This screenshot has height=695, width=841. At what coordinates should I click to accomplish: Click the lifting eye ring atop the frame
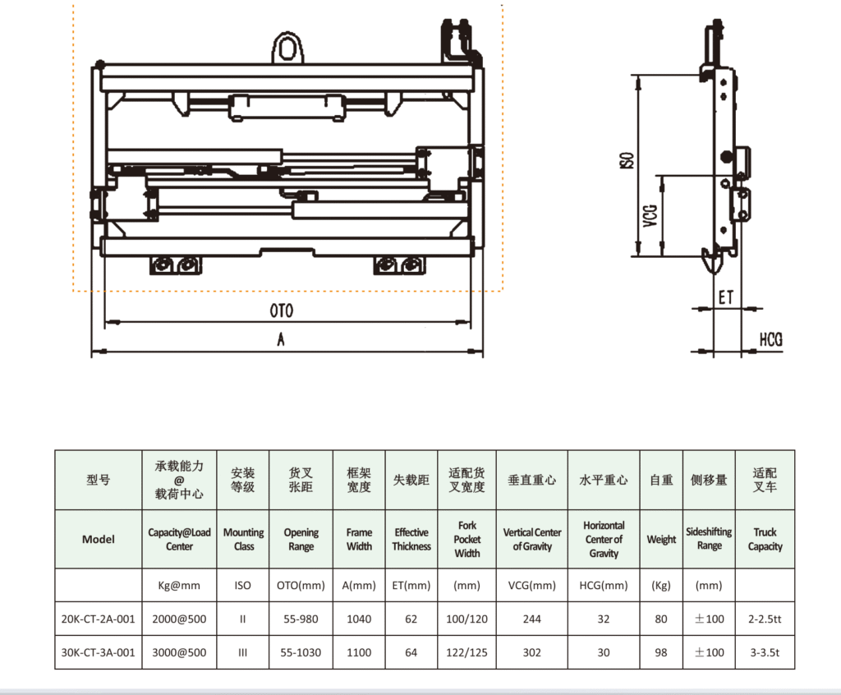tap(287, 47)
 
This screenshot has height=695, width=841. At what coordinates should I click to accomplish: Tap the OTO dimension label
tap(282, 311)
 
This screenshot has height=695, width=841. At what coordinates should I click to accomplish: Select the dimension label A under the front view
tap(281, 341)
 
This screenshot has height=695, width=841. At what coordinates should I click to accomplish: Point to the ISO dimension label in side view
tap(626, 160)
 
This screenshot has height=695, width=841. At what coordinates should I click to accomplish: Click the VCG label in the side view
tap(650, 214)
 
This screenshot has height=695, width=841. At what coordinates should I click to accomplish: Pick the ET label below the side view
tap(725, 297)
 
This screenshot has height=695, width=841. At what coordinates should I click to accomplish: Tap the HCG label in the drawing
tap(770, 339)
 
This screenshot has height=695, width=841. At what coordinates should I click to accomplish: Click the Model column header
tap(99, 540)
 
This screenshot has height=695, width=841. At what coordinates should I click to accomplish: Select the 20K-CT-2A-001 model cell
tap(99, 619)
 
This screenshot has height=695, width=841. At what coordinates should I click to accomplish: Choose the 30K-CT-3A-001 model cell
tap(99, 652)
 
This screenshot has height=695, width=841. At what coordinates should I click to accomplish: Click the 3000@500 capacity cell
tap(179, 652)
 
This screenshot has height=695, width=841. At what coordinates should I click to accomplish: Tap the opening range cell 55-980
tap(301, 619)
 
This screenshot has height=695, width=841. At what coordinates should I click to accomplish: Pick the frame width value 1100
tap(360, 652)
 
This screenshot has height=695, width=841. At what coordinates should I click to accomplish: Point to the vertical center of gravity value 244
tap(532, 619)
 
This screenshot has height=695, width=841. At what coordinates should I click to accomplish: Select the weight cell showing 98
tap(661, 652)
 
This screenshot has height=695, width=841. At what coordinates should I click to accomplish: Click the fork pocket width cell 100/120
tap(467, 619)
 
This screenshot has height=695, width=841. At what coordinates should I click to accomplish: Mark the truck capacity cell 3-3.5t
tap(765, 652)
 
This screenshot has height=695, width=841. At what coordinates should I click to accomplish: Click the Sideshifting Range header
tap(709, 539)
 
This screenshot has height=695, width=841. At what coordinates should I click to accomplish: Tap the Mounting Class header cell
tap(244, 539)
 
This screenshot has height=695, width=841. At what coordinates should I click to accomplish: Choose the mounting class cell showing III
tap(243, 652)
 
